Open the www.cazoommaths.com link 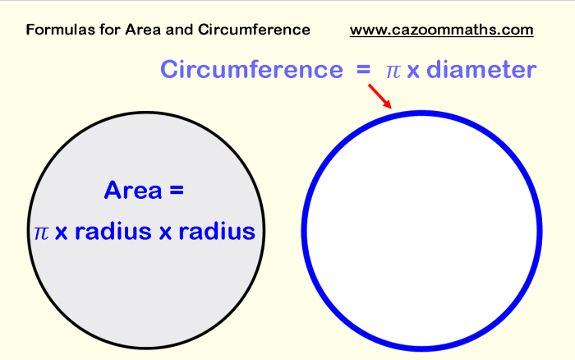tap(442, 30)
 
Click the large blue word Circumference tap(251, 69)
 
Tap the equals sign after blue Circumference tap(363, 69)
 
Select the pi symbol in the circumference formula tap(393, 72)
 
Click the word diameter tap(482, 69)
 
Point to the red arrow tap(379, 96)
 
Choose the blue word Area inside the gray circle tap(133, 190)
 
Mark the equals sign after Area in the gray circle tap(177, 190)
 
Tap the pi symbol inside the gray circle tap(41, 233)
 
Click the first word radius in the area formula tap(113, 232)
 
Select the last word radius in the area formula tap(217, 232)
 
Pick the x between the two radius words tap(165, 233)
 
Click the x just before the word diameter tap(413, 72)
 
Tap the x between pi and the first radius tap(62, 233)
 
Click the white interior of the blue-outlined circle tap(421, 230)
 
